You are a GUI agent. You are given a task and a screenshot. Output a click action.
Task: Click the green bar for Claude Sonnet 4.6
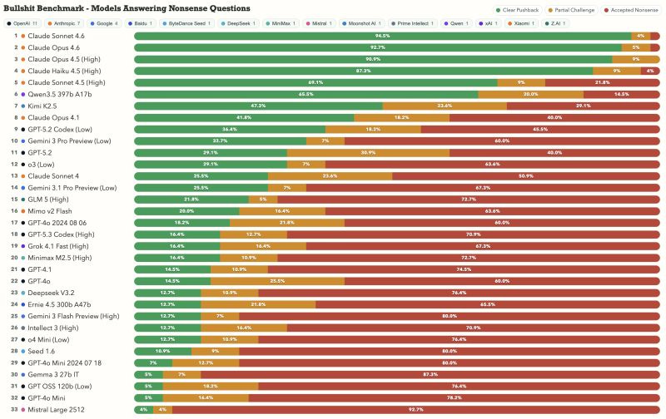click(x=382, y=37)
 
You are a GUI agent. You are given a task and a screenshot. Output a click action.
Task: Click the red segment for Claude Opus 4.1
click(x=554, y=118)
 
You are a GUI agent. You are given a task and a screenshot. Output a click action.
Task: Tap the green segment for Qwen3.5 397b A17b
click(x=306, y=95)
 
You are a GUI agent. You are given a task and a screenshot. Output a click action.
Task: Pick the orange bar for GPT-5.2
click(x=368, y=153)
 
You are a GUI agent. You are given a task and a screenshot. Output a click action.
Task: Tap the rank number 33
click(x=15, y=409)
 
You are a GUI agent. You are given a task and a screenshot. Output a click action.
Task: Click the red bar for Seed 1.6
click(x=449, y=351)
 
